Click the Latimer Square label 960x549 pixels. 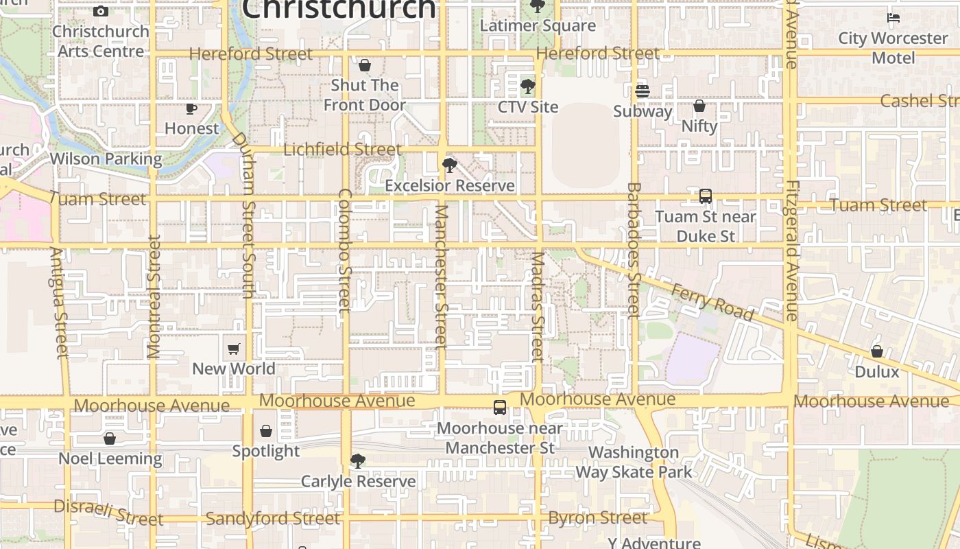coord(538,26)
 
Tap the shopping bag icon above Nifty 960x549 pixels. coord(699,106)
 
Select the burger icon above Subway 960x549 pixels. coord(643,91)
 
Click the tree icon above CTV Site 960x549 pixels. coord(527,86)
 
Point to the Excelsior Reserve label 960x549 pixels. coord(450,186)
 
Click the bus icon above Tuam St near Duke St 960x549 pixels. coord(706,196)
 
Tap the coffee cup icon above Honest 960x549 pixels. coord(191,108)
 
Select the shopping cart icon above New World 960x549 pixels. coord(234,349)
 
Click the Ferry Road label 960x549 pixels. coord(712,303)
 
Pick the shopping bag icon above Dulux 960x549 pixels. coord(877,351)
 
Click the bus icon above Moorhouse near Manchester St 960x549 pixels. coord(500,407)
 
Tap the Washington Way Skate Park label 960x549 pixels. coord(634,462)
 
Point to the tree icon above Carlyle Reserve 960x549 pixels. coord(357,461)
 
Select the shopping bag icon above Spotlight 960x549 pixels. coord(266,431)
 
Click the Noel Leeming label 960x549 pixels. coord(110,458)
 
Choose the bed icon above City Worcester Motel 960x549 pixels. coord(893,18)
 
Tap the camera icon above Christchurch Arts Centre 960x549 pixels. coord(101,11)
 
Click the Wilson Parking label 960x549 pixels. coord(106,159)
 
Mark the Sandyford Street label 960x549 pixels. coord(273,519)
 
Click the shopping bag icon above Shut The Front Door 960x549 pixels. coord(365,65)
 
